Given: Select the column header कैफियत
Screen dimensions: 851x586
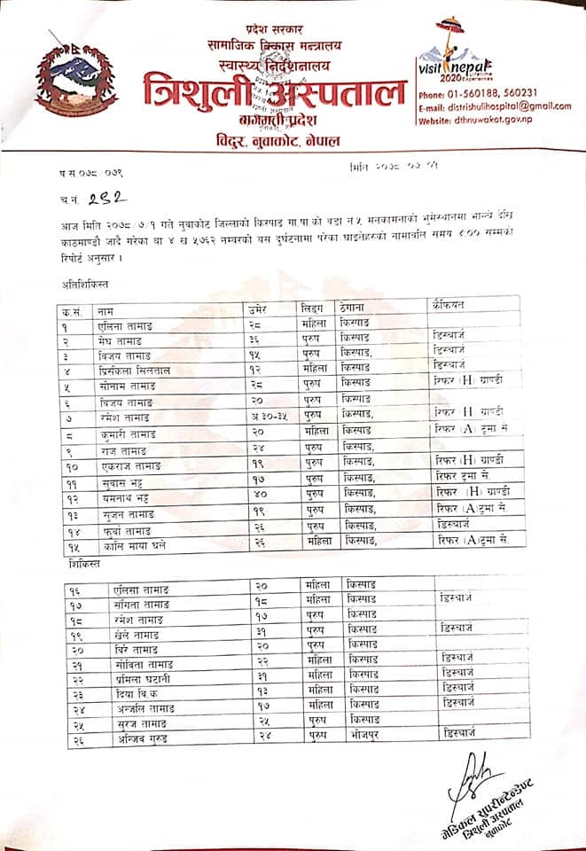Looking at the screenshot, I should pos(451,308).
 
